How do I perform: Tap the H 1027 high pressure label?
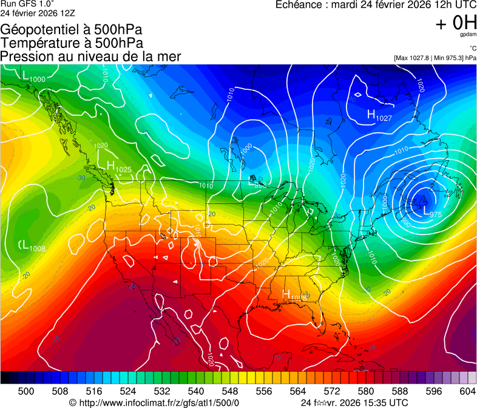pos(379,115)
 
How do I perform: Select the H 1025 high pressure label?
pos(119,166)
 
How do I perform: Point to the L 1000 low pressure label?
pos(33,77)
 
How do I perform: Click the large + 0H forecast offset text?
pos(456,23)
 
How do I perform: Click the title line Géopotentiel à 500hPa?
pos(72,30)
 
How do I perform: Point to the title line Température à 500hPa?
pos(72,43)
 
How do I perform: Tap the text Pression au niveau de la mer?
pos(90,56)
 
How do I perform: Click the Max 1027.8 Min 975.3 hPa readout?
pos(435,58)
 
